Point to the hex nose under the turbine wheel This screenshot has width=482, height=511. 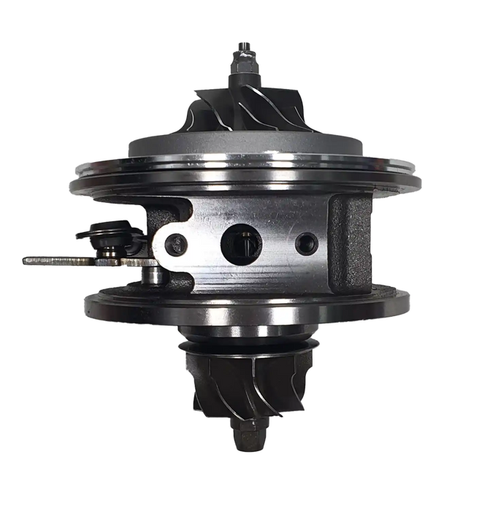[242, 437]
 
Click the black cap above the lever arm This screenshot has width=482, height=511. [102, 234]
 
